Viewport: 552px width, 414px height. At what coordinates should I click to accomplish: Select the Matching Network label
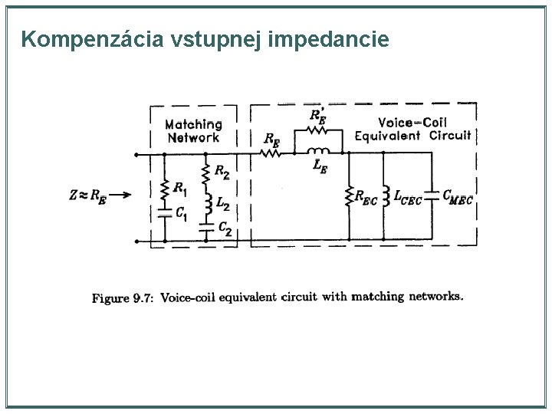pyautogui.click(x=193, y=130)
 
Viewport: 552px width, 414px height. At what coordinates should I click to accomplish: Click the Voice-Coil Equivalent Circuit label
pyautogui.click(x=412, y=129)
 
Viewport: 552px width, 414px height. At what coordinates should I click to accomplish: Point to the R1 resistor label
pyautogui.click(x=179, y=186)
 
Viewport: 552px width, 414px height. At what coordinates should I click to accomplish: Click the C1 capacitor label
pyautogui.click(x=181, y=214)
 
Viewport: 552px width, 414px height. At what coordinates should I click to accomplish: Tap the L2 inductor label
pyautogui.click(x=222, y=203)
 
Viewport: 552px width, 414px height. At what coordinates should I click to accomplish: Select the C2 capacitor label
pyautogui.click(x=224, y=228)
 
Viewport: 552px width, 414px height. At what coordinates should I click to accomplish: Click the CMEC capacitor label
pyautogui.click(x=458, y=197)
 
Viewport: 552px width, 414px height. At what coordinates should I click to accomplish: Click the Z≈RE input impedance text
pyautogui.click(x=87, y=195)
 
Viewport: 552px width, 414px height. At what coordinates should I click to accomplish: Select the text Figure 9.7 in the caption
pyautogui.click(x=122, y=298)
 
